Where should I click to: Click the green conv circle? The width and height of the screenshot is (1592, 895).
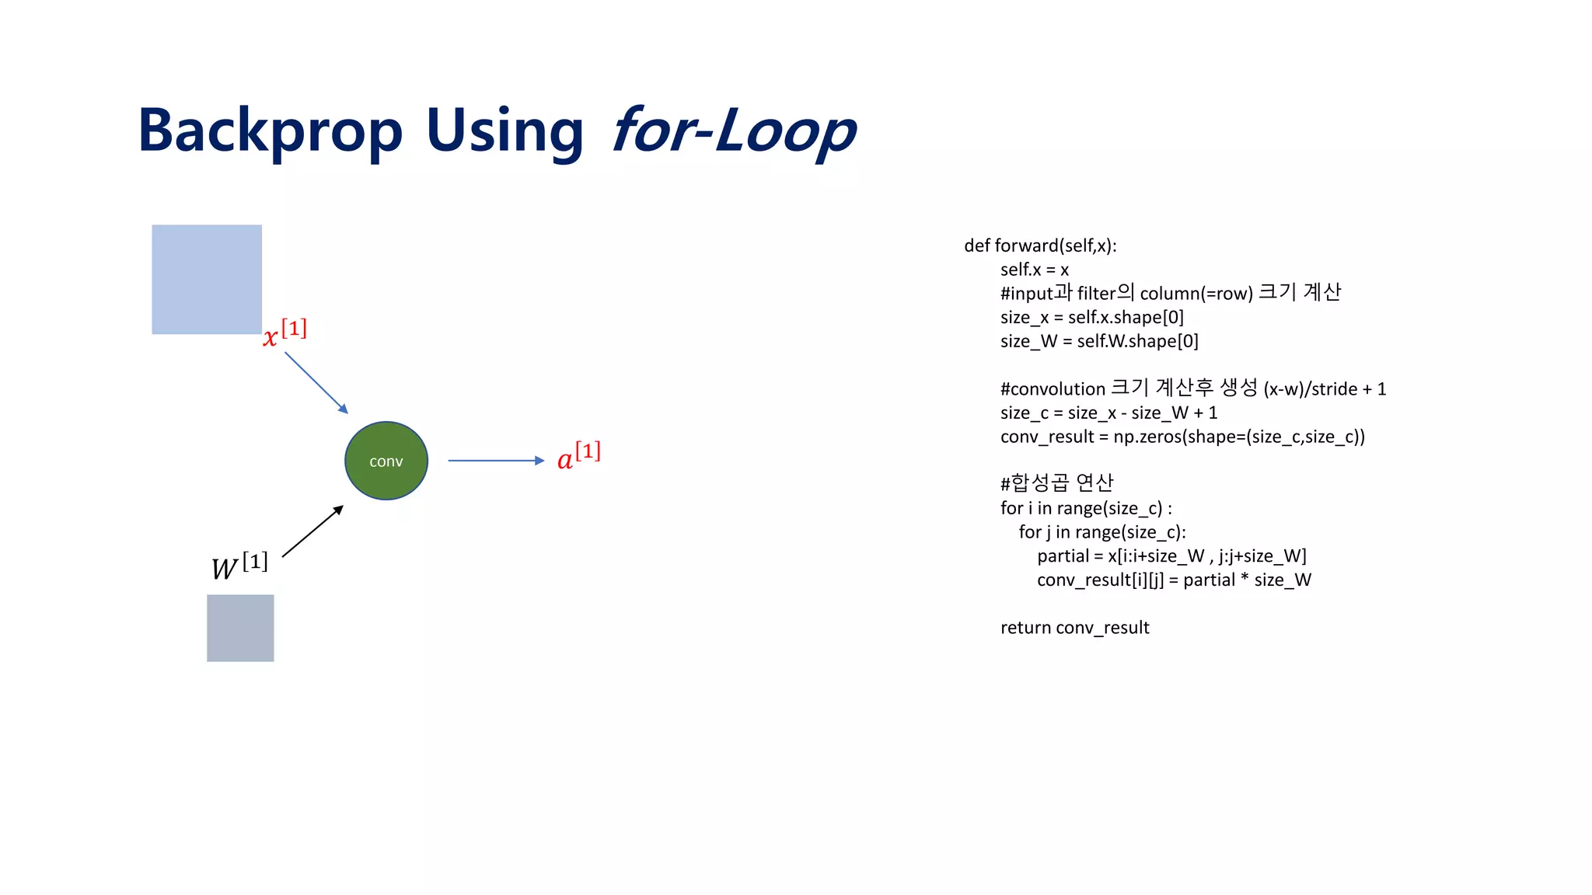pyautogui.click(x=386, y=461)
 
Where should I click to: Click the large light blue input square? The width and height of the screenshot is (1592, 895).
pyautogui.click(x=207, y=280)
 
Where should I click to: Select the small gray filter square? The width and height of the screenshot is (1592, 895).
pyautogui.click(x=240, y=628)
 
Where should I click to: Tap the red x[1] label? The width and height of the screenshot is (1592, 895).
pyautogui.click(x=285, y=333)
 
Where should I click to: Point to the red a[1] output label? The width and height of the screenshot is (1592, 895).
pyautogui.click(x=579, y=456)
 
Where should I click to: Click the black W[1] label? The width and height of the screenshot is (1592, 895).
pyautogui.click(x=239, y=566)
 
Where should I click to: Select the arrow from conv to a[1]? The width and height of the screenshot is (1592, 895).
pyautogui.click(x=495, y=461)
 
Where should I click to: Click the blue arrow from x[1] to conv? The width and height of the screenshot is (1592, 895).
pyautogui.click(x=316, y=382)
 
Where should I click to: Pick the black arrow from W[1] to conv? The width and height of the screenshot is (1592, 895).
pyautogui.click(x=312, y=531)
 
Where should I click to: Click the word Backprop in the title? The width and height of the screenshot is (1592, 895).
pyautogui.click(x=270, y=131)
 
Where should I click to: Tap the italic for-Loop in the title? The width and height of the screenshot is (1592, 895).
pyautogui.click(x=734, y=131)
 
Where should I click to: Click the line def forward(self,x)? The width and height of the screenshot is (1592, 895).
pyautogui.click(x=1040, y=246)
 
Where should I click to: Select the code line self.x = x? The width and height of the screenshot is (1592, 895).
pyautogui.click(x=1034, y=270)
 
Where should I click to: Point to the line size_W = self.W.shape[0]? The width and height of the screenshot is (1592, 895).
pyautogui.click(x=1099, y=341)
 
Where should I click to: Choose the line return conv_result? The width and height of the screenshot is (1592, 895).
pyautogui.click(x=1074, y=628)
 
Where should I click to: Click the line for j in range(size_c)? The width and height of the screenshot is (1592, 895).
pyautogui.click(x=1102, y=532)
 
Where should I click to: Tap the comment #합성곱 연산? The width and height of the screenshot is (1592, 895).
pyautogui.click(x=1056, y=483)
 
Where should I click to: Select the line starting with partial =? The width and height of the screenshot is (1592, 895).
pyautogui.click(x=1171, y=556)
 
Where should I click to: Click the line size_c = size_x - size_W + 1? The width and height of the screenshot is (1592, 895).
pyautogui.click(x=1108, y=413)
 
